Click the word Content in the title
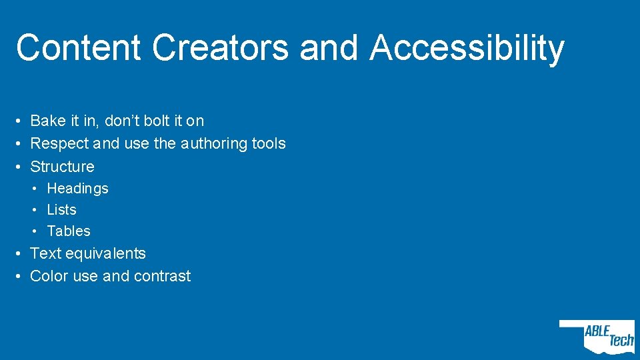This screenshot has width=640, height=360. tap(79, 48)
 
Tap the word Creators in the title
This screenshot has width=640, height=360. tap(220, 48)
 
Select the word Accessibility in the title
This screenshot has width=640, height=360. tap(467, 48)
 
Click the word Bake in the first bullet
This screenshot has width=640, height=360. tap(48, 121)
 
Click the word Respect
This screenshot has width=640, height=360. tap(57, 143)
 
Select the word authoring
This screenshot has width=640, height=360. tap(213, 143)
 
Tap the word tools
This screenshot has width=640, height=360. tap(269, 143)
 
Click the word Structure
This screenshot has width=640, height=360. tap(63, 167)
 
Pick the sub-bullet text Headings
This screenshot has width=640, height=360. tap(77, 189)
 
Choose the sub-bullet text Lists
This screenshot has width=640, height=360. tap(62, 210)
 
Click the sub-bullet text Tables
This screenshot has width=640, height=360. tap(69, 231)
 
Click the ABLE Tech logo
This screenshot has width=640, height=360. tap(598, 336)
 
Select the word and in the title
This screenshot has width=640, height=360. tap(329, 48)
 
